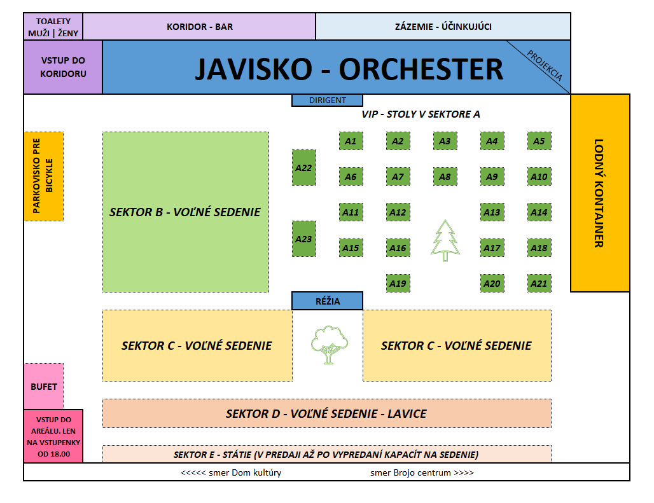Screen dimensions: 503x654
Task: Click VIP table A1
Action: pyautogui.click(x=351, y=141)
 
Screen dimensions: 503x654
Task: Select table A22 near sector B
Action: pyautogui.click(x=304, y=168)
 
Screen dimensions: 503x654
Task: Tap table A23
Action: pyautogui.click(x=304, y=239)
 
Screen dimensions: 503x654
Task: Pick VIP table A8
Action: pyautogui.click(x=445, y=177)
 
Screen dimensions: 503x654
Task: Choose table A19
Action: pyautogui.click(x=398, y=284)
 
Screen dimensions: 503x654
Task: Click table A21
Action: pyautogui.click(x=539, y=284)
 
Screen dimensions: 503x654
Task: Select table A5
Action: pyautogui.click(x=539, y=141)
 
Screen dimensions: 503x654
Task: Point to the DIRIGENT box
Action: pyautogui.click(x=327, y=100)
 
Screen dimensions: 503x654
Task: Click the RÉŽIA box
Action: pyautogui.click(x=327, y=301)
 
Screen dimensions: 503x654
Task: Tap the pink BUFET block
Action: pyautogui.click(x=44, y=386)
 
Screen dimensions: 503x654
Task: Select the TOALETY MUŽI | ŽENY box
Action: pyautogui.click(x=53, y=27)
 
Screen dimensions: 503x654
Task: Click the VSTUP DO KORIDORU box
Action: pyautogui.click(x=63, y=67)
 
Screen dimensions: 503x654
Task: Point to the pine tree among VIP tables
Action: pyautogui.click(x=445, y=240)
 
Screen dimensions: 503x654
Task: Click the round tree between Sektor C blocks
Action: pyautogui.click(x=328, y=344)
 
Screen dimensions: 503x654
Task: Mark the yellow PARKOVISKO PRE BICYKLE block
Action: pyautogui.click(x=44, y=176)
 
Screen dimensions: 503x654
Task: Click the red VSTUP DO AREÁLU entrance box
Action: pyautogui.click(x=53, y=437)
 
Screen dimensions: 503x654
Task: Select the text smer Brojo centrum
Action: pyautogui.click(x=422, y=472)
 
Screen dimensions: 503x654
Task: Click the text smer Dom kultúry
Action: pyautogui.click(x=231, y=472)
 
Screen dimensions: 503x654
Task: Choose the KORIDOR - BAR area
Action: pyautogui.click(x=199, y=27)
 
